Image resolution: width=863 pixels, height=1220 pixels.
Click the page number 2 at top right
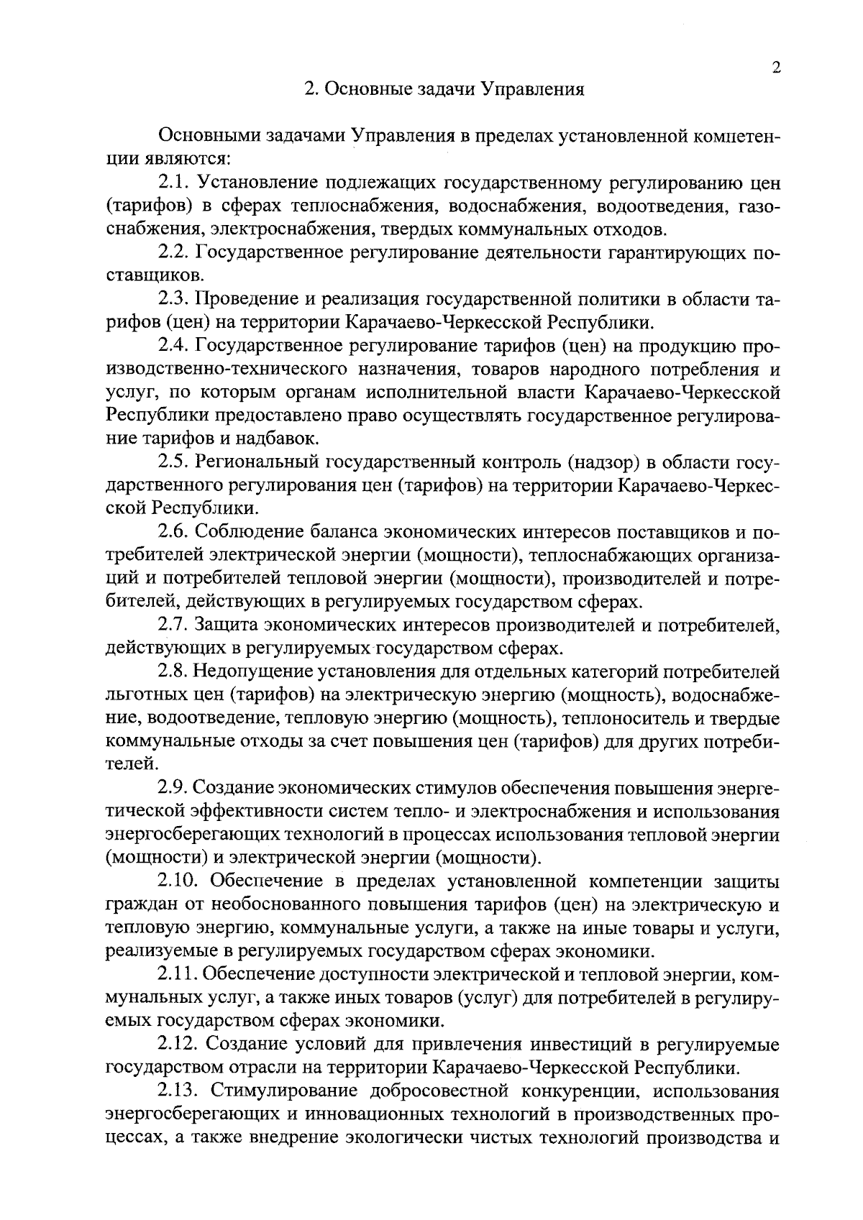click(x=775, y=68)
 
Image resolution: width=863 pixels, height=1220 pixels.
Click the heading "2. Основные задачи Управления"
click(x=444, y=90)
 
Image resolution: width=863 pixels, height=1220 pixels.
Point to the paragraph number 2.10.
click(x=178, y=881)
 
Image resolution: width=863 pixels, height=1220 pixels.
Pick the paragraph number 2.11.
click(x=178, y=975)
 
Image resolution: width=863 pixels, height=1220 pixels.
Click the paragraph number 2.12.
click(x=178, y=1045)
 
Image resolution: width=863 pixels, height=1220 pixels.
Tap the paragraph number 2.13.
click(x=178, y=1091)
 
